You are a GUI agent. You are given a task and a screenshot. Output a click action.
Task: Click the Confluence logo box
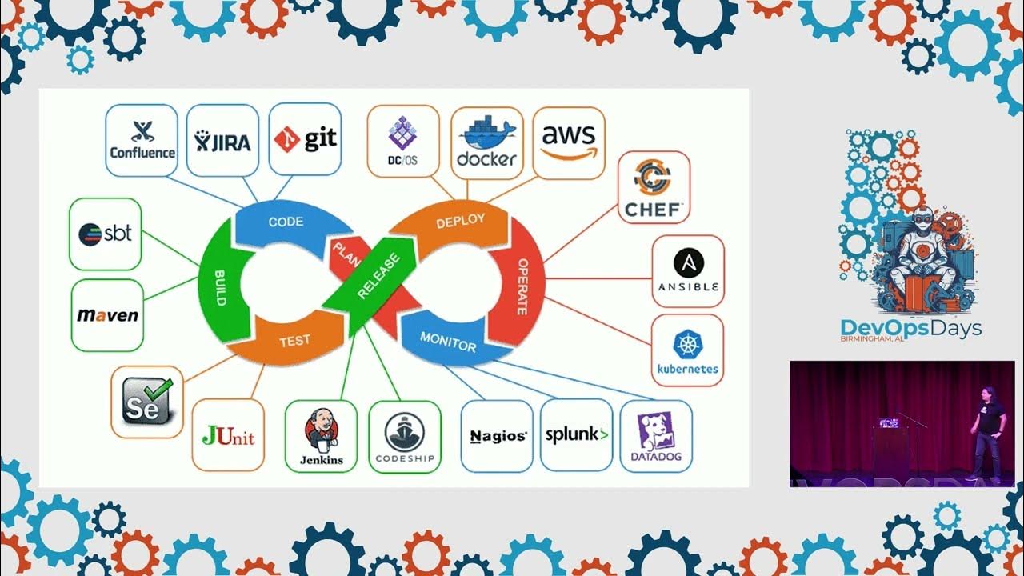(142, 140)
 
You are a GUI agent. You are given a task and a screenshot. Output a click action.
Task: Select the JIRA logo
(222, 140)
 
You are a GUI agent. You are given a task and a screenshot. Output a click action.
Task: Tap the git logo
(305, 139)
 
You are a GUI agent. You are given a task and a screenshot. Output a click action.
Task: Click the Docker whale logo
(486, 142)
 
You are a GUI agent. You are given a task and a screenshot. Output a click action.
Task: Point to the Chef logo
(654, 187)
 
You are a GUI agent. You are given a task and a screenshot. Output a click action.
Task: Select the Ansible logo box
(688, 270)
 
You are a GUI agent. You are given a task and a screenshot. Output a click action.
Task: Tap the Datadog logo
(655, 436)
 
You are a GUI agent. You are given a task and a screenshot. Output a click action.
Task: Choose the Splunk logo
(576, 435)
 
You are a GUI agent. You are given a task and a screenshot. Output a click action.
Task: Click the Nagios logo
(497, 436)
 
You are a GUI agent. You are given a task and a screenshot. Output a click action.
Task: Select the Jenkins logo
(321, 436)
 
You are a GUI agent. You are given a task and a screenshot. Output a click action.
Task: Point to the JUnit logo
(228, 435)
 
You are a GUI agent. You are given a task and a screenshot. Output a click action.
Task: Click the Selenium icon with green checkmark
(147, 402)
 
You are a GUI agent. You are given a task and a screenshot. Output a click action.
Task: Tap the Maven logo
(107, 315)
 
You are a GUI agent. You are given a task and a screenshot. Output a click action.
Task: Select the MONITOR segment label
(448, 342)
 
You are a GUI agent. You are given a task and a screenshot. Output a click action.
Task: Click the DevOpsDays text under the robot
(910, 327)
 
